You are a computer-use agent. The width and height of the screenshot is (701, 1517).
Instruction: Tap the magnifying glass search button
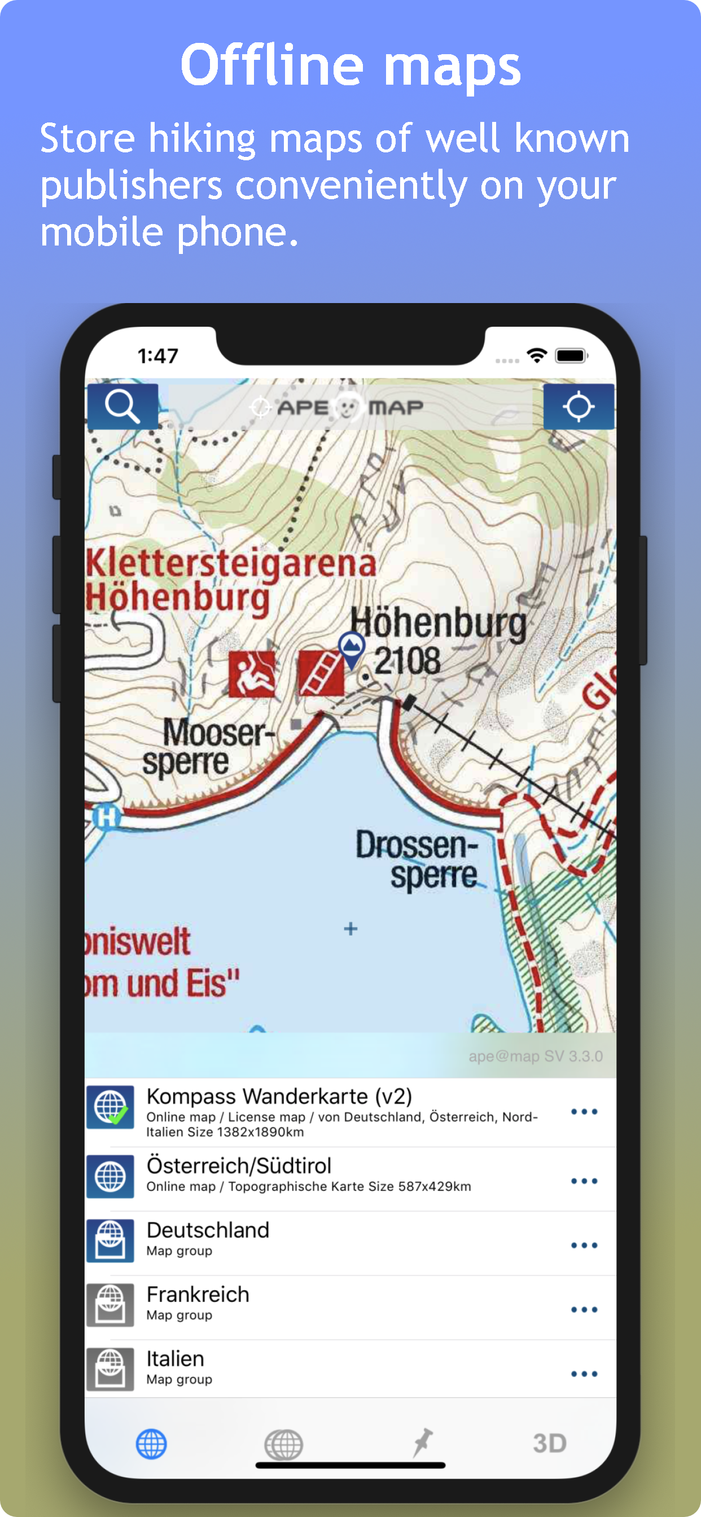(x=122, y=406)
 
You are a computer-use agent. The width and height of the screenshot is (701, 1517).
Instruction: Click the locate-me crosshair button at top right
(x=578, y=406)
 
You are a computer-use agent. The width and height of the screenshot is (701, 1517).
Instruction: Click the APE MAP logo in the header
(x=350, y=407)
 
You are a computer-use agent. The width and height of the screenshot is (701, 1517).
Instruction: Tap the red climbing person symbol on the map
(x=252, y=674)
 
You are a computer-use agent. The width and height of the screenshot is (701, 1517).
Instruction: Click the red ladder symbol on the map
(x=321, y=673)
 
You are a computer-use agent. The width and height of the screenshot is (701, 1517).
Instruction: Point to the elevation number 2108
(x=407, y=661)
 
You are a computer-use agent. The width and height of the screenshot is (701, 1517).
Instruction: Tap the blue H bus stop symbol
(x=107, y=817)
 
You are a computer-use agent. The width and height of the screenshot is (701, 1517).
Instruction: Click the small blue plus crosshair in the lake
(x=350, y=929)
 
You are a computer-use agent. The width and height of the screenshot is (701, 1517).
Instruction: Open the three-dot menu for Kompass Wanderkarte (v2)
(x=584, y=1112)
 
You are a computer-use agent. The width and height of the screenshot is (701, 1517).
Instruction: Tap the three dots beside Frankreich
(x=584, y=1310)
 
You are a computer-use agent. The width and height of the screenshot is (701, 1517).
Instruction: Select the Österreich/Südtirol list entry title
(x=239, y=1165)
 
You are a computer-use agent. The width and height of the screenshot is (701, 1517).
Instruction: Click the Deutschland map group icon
(x=110, y=1241)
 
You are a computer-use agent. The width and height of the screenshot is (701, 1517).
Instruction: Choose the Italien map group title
(x=175, y=1358)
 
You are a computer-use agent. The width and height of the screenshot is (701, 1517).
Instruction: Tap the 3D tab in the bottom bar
(x=549, y=1444)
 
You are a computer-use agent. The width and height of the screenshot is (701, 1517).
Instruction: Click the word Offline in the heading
(x=271, y=65)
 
